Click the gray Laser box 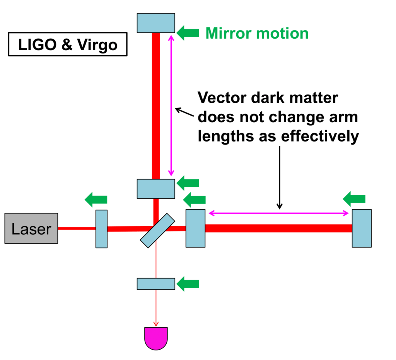(x=31, y=228)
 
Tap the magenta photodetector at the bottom (x=156, y=338)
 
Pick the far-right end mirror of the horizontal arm (x=362, y=228)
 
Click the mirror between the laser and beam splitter (x=101, y=229)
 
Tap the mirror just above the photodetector (x=156, y=283)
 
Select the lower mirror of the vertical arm (x=156, y=188)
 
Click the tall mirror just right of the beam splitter (x=195, y=228)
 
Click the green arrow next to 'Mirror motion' (x=188, y=33)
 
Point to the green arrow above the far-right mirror (x=354, y=199)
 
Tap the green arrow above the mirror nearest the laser (x=96, y=200)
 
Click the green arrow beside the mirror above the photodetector (x=188, y=284)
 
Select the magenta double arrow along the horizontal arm (x=279, y=213)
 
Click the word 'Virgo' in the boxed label (x=98, y=45)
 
